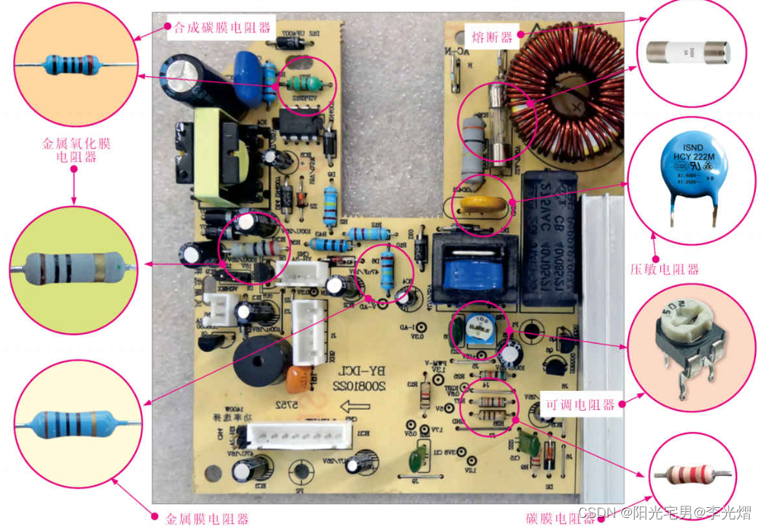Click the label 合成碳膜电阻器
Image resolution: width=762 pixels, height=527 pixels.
pyautogui.click(x=222, y=28)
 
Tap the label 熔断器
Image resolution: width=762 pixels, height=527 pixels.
pyautogui.click(x=493, y=36)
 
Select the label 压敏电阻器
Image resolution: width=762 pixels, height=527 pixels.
pyautogui.click(x=665, y=268)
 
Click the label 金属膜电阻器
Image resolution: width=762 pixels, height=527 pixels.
pyautogui.click(x=208, y=519)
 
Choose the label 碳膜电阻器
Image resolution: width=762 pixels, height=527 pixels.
pyautogui.click(x=560, y=518)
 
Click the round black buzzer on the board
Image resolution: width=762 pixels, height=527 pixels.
pyautogui.click(x=261, y=362)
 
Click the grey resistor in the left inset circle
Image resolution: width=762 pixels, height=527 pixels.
pyautogui.click(x=72, y=268)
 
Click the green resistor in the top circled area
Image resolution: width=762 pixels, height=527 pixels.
pyautogui.click(x=306, y=84)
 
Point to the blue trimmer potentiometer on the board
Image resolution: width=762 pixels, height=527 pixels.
pyautogui.click(x=480, y=327)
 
